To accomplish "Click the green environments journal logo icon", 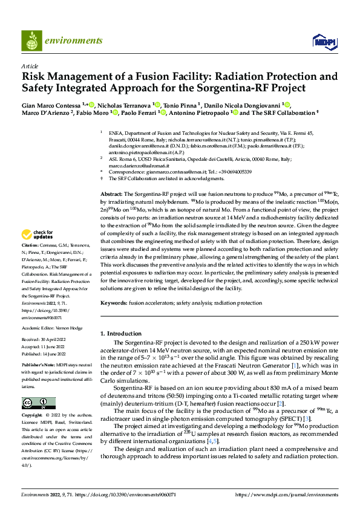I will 31,42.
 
